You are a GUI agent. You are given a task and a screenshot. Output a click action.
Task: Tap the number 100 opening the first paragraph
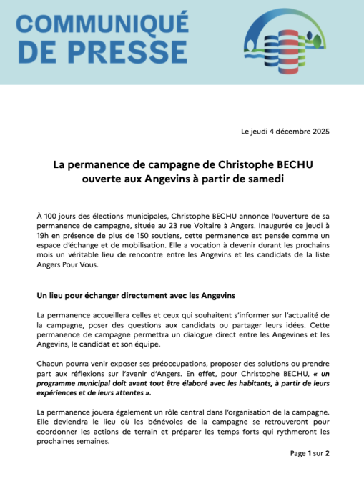click(54, 216)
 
